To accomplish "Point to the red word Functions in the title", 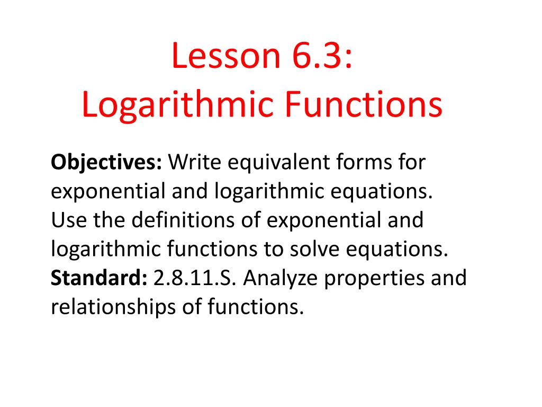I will [365, 105].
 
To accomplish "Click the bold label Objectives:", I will [106, 162].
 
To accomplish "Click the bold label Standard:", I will [99, 277].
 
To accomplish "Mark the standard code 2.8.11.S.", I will [196, 277].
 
